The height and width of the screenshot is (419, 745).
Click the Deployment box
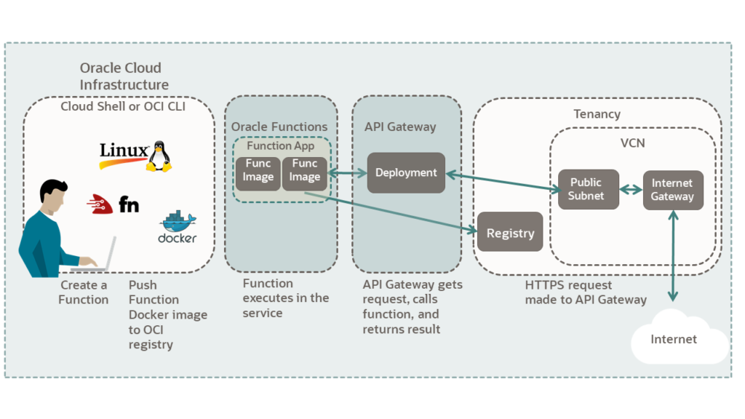tap(405, 173)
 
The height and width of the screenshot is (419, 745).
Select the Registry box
tap(510, 233)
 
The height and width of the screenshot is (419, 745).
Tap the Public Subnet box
tap(586, 189)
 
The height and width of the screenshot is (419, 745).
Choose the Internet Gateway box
tap(672, 190)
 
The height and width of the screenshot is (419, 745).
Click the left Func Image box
tap(258, 170)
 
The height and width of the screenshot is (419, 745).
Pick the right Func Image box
tap(305, 170)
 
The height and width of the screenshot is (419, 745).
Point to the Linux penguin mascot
tap(159, 156)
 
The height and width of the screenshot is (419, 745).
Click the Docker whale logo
tap(178, 220)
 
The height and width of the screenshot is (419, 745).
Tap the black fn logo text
tap(129, 204)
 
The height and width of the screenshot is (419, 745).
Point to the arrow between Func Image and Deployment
tap(348, 173)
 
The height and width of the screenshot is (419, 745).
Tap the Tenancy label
tap(597, 114)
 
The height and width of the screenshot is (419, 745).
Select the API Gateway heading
tap(400, 127)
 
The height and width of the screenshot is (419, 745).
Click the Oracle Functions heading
tap(279, 127)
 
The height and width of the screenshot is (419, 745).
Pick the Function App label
tap(281, 145)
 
